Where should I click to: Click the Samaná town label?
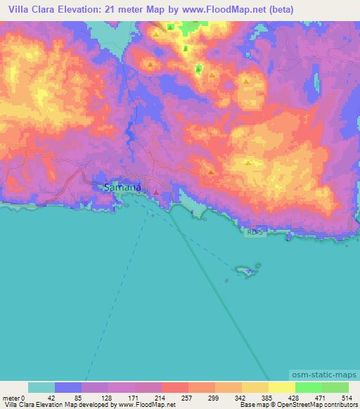point(122,188)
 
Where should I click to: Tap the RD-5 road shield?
point(255,231)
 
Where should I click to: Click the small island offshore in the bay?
point(245,270)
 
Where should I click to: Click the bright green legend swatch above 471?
point(308,387)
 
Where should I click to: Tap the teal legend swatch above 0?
point(41,387)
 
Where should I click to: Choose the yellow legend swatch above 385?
point(255,387)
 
